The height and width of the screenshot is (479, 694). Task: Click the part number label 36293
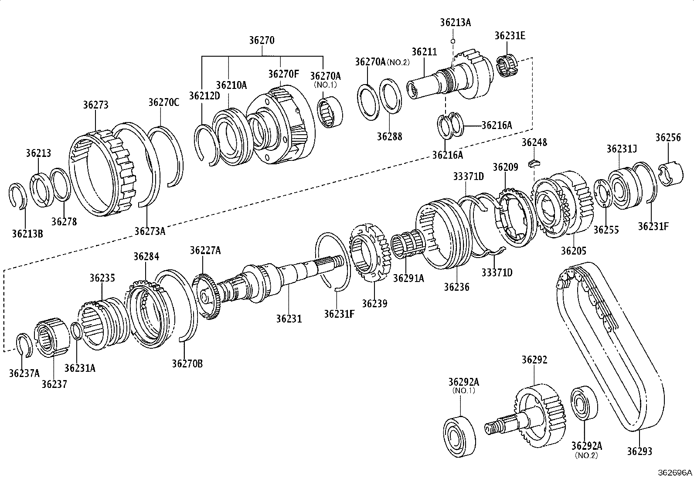click(640, 451)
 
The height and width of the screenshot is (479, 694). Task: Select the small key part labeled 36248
click(534, 163)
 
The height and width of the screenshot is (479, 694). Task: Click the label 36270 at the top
click(262, 40)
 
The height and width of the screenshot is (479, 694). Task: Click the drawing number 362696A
click(675, 472)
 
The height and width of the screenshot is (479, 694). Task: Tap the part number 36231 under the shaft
click(289, 319)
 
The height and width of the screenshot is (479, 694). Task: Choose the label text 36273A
click(150, 231)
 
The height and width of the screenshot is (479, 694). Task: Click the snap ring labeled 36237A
click(24, 344)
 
